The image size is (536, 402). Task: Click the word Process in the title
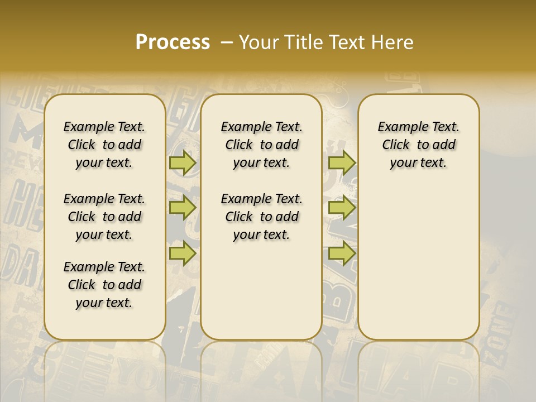tap(173, 42)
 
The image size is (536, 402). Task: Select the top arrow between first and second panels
tap(182, 162)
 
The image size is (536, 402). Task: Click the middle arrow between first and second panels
tap(182, 208)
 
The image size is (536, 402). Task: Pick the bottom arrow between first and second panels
tap(182, 253)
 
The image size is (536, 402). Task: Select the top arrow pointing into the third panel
tap(342, 162)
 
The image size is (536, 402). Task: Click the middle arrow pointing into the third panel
tap(342, 208)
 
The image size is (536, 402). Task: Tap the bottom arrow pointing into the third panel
tap(342, 253)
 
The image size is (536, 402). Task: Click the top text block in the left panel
tap(104, 145)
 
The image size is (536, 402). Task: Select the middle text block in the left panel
tap(104, 217)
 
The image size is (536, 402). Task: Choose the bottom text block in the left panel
tap(104, 285)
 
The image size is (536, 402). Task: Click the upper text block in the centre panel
tap(261, 145)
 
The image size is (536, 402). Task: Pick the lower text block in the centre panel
tap(261, 217)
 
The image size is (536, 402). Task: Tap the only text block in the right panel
tap(418, 145)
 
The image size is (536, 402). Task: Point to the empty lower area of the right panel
tap(418, 257)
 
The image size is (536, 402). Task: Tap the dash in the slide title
tap(226, 42)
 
